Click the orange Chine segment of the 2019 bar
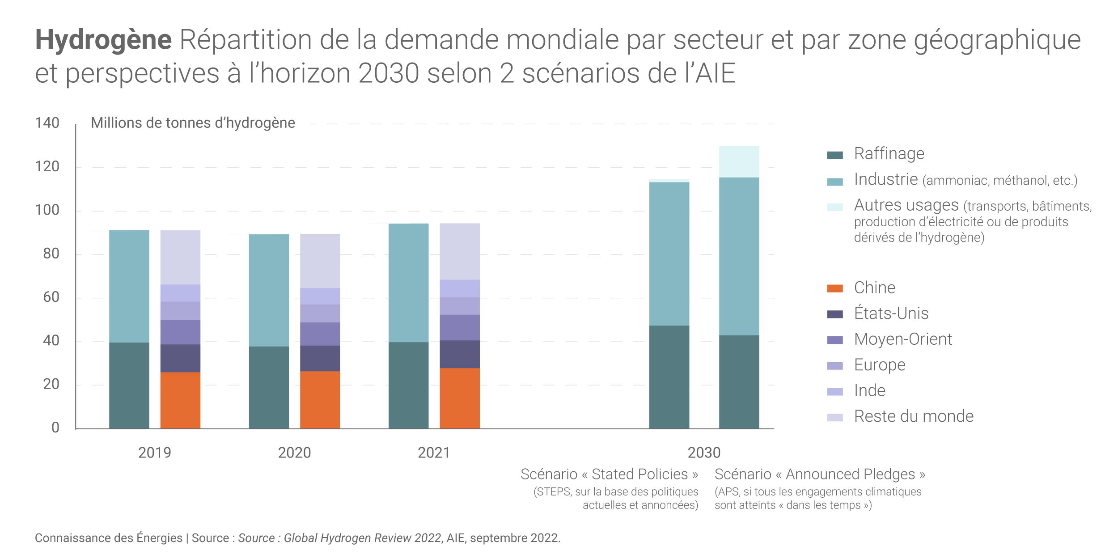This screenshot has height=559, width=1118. pyautogui.click(x=180, y=400)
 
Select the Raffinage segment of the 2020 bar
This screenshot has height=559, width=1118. pyautogui.click(x=269, y=387)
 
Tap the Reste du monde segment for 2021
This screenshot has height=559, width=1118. pyautogui.click(x=460, y=251)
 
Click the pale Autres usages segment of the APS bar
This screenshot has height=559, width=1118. pyautogui.click(x=739, y=161)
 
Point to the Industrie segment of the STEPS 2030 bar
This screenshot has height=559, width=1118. pyautogui.click(x=669, y=254)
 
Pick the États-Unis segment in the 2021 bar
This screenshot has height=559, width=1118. pyautogui.click(x=460, y=354)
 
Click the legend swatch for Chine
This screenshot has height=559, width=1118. pyautogui.click(x=835, y=288)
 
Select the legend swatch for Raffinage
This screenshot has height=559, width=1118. pyautogui.click(x=835, y=155)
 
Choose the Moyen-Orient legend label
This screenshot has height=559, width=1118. pyautogui.click(x=902, y=339)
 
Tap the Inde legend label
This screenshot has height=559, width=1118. pyautogui.click(x=869, y=391)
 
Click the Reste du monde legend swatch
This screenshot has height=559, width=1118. pyautogui.click(x=835, y=417)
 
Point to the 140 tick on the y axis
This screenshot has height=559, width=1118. pyautogui.click(x=47, y=123)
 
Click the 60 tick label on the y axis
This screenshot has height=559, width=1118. pyautogui.click(x=51, y=297)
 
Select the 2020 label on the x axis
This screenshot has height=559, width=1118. pyautogui.click(x=294, y=453)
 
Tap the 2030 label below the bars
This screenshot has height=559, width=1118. pyautogui.click(x=704, y=453)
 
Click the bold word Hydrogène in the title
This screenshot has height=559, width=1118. pyautogui.click(x=103, y=39)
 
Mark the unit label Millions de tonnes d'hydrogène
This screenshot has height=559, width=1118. pyautogui.click(x=193, y=123)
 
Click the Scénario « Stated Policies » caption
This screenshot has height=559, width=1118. pyautogui.click(x=609, y=474)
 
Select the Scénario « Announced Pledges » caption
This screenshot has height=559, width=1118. pyautogui.click(x=820, y=474)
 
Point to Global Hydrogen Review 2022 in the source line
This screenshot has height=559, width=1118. pyautogui.click(x=362, y=538)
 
